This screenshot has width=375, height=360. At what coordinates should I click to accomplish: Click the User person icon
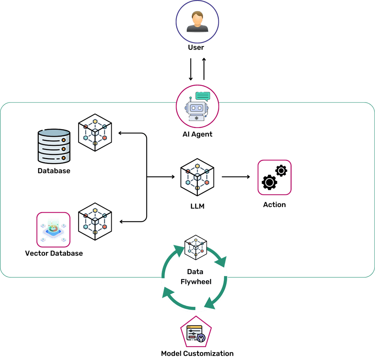click(x=197, y=22)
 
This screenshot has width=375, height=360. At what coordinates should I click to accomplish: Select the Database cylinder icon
click(x=54, y=146)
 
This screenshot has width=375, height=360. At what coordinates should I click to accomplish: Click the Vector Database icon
click(x=53, y=230)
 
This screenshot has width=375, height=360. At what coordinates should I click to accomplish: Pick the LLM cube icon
click(x=197, y=177)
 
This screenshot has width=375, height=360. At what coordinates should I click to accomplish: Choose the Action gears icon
click(x=275, y=177)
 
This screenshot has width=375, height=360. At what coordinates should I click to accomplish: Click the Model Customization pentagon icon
click(x=196, y=332)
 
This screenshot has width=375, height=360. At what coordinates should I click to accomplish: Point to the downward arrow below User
click(x=191, y=69)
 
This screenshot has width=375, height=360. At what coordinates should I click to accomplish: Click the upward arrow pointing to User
click(x=204, y=69)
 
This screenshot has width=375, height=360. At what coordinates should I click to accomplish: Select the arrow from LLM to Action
click(x=236, y=177)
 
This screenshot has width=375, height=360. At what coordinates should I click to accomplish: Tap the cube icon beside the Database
click(x=95, y=132)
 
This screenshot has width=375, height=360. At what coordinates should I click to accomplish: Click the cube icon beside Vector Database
click(x=95, y=221)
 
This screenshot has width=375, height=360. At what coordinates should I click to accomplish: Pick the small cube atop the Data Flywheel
click(x=196, y=247)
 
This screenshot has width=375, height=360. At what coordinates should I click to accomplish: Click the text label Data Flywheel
click(x=196, y=277)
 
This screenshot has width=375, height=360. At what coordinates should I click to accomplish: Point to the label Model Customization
click(x=197, y=353)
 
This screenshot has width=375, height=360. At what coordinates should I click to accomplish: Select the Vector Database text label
click(x=54, y=253)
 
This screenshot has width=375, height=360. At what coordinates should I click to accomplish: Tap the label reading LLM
click(x=197, y=206)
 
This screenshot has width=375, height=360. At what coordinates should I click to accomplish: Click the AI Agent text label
click(x=197, y=134)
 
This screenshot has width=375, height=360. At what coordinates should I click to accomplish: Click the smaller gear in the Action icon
click(x=281, y=171)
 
